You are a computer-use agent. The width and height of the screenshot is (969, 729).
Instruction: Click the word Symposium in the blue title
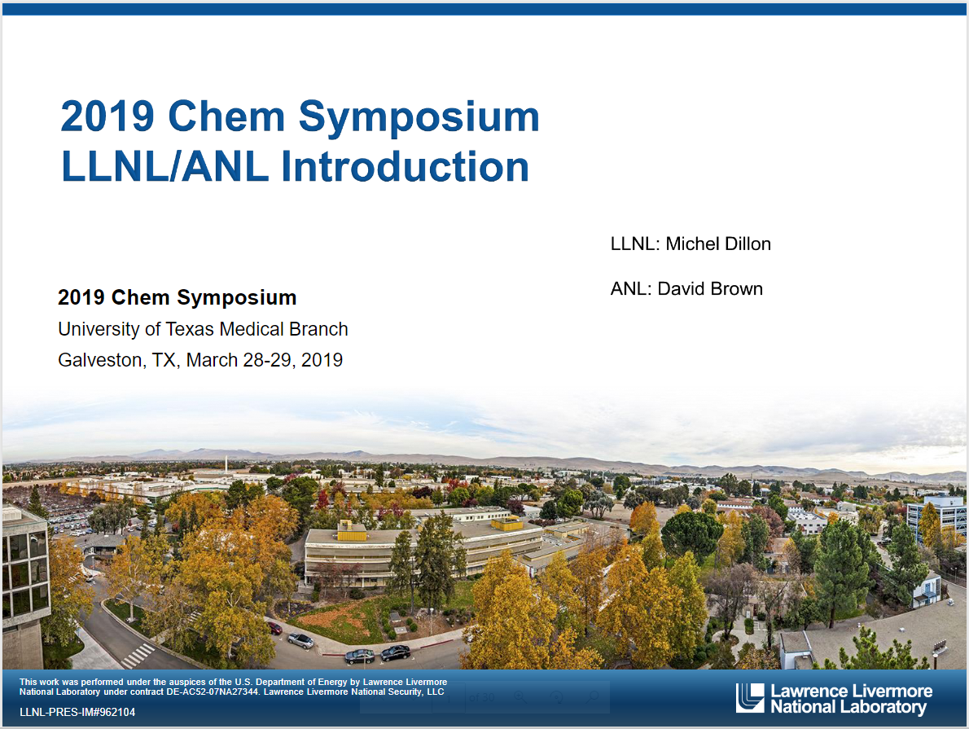[x=419, y=117]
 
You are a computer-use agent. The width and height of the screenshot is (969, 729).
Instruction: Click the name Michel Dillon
[x=718, y=244]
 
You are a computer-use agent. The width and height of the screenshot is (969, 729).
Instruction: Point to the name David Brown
[x=710, y=289]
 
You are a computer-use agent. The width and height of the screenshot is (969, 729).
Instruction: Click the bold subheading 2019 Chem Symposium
[x=178, y=297]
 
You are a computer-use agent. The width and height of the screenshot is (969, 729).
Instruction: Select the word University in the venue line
[x=99, y=329]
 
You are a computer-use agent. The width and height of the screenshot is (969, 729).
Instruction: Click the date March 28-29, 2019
[x=265, y=360]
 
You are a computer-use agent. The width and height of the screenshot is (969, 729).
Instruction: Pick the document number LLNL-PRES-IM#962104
[x=77, y=713]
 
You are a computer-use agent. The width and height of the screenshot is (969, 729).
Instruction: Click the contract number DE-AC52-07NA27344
[x=212, y=692]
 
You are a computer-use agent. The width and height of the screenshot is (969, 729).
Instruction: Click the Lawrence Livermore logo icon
[x=750, y=698]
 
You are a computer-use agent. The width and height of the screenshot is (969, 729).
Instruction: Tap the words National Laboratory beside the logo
[x=848, y=707]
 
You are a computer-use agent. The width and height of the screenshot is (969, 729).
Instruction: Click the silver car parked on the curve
[x=300, y=640]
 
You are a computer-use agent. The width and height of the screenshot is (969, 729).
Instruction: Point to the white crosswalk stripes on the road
[x=138, y=656]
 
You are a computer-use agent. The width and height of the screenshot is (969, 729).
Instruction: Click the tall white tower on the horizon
[x=226, y=464]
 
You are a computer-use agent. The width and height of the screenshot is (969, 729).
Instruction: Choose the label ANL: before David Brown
[x=631, y=289]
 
